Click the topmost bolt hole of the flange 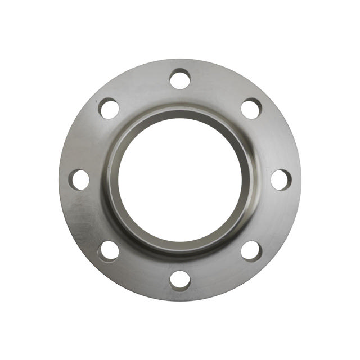[x=180, y=79]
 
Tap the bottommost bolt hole [x=180, y=280]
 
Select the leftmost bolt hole [x=80, y=179]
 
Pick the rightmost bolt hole [x=280, y=179]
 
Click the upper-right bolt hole [x=251, y=108]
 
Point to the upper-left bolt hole [x=109, y=108]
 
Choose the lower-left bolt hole [x=109, y=250]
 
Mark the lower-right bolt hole [x=251, y=250]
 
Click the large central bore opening [x=180, y=179]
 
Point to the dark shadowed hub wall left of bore [x=112, y=179]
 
